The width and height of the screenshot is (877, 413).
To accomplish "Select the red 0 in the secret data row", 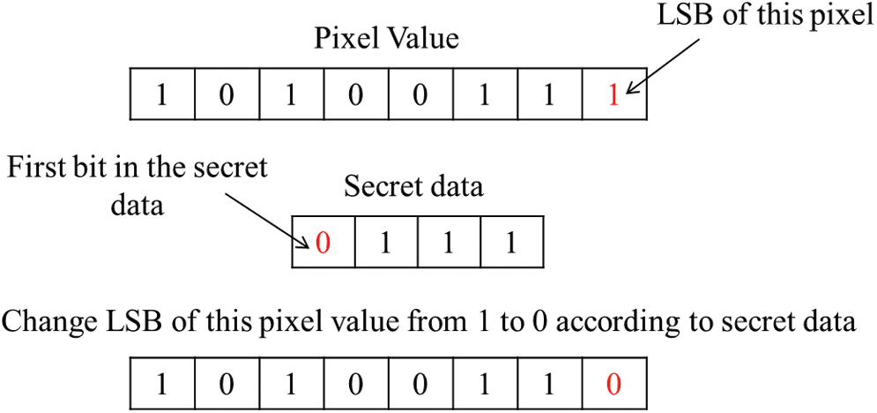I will (323, 243).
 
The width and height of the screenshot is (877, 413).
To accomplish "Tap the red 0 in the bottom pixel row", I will (615, 386).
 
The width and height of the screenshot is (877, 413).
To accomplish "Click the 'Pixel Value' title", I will (388, 40).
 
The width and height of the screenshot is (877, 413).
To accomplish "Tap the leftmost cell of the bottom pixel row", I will (162, 386).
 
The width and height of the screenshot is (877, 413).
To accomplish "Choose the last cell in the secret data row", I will (510, 243).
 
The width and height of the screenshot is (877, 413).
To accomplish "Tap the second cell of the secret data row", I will (386, 243).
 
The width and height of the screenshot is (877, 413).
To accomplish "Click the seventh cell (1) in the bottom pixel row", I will (550, 386).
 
